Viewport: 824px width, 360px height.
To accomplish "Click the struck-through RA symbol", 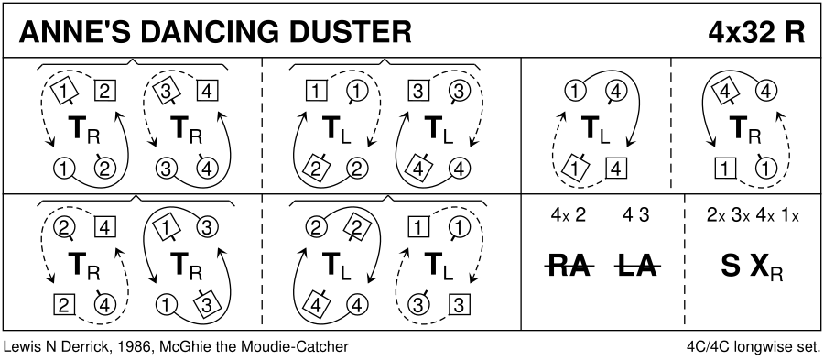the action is (569, 267).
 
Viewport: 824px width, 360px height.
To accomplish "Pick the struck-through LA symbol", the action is (637, 267).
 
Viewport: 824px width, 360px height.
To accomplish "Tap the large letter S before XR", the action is (730, 267).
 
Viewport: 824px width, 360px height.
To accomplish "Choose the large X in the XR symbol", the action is (759, 267).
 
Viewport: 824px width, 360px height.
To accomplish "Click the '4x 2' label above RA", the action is (567, 215).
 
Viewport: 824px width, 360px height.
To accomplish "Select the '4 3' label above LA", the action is (637, 215).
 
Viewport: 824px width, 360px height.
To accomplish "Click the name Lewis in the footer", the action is (20, 347).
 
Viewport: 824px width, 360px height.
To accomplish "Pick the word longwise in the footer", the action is (765, 347).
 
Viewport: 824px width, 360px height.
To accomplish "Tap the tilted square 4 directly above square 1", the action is (725, 93).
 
